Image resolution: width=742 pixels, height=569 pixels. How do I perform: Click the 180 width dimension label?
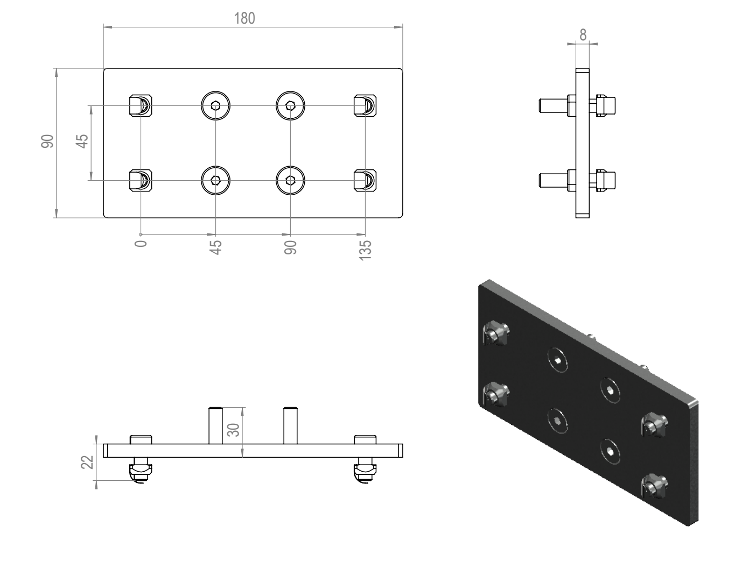pyautogui.click(x=244, y=18)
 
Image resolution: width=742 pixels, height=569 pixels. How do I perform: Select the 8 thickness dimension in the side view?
pyautogui.click(x=583, y=35)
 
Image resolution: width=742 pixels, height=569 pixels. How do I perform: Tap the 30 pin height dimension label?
pyautogui.click(x=234, y=430)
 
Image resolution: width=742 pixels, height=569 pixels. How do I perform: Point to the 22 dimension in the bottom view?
pyautogui.click(x=87, y=463)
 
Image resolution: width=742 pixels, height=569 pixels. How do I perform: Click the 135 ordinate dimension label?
pyautogui.click(x=365, y=250)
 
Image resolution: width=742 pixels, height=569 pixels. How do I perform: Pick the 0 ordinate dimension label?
pyautogui.click(x=141, y=244)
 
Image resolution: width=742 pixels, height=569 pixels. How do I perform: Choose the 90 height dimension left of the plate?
pyautogui.click(x=47, y=141)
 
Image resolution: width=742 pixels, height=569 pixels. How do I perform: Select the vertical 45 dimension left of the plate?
pyautogui.click(x=82, y=141)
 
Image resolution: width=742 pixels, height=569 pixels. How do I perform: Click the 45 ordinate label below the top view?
pyautogui.click(x=215, y=247)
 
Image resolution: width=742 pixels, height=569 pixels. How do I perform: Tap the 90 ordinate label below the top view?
pyautogui.click(x=290, y=247)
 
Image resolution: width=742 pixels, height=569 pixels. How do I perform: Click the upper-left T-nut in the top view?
pyautogui.click(x=141, y=106)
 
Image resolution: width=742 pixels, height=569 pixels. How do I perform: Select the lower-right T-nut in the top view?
pyautogui.click(x=365, y=180)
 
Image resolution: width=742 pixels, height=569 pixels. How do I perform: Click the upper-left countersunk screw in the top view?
pyautogui.click(x=215, y=106)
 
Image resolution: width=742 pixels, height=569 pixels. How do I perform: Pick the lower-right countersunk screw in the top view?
pyautogui.click(x=290, y=180)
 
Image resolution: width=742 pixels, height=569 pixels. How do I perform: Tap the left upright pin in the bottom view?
pyautogui.click(x=215, y=425)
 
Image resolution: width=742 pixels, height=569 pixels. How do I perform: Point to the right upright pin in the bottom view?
pyautogui.click(x=290, y=425)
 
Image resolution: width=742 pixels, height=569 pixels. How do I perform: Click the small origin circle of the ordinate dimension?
pyautogui.click(x=141, y=234)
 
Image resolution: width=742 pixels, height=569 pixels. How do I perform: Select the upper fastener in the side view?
pyautogui.click(x=577, y=106)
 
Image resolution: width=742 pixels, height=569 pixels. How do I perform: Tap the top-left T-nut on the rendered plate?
pyautogui.click(x=496, y=333)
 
